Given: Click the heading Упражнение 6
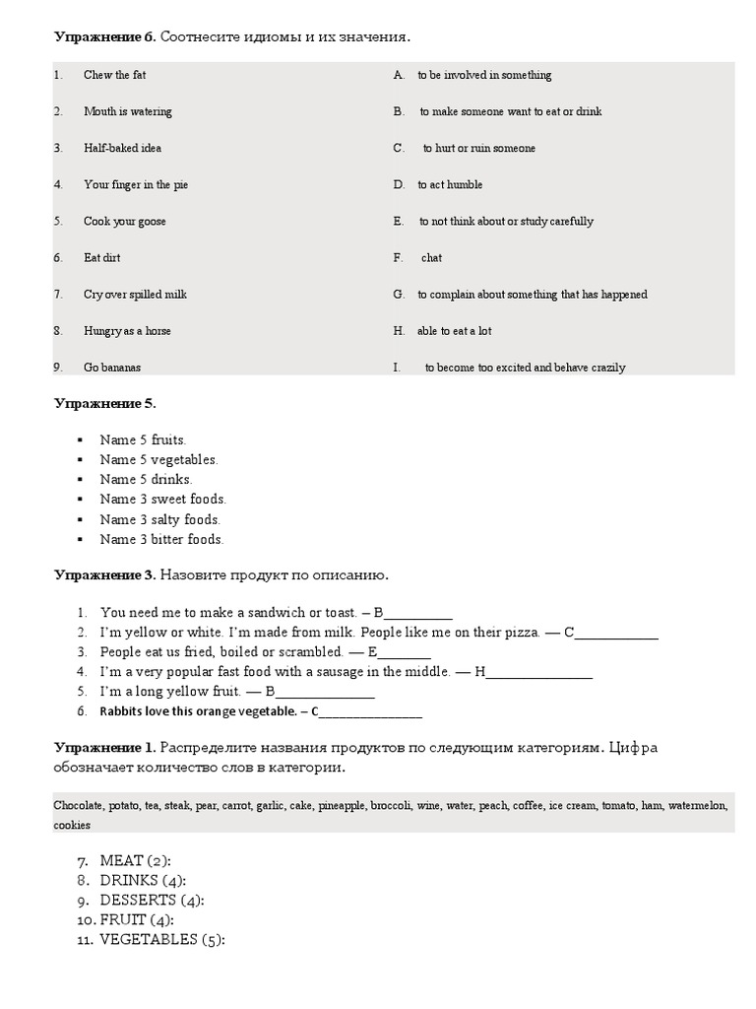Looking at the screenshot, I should click(x=104, y=37).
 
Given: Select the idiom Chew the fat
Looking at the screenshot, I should click(x=114, y=75).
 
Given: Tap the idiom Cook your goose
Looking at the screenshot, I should click(x=124, y=222).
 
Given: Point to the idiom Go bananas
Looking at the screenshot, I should click(x=112, y=368).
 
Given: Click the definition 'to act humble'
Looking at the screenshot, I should click(x=450, y=185).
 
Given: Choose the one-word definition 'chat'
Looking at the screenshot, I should click(x=431, y=258).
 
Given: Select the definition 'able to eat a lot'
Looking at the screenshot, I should click(x=454, y=331).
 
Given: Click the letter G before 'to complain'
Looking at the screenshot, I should click(x=399, y=295).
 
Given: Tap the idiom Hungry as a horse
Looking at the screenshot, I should click(x=127, y=331).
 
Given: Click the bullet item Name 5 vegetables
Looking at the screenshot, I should click(x=158, y=460).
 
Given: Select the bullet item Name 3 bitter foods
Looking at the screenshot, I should click(x=161, y=540).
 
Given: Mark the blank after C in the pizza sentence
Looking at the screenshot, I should click(x=616, y=633).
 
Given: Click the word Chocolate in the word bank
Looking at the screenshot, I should click(x=79, y=806).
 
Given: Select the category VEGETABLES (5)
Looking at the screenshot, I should click(x=162, y=940).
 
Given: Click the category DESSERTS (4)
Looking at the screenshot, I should click(x=152, y=901).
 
